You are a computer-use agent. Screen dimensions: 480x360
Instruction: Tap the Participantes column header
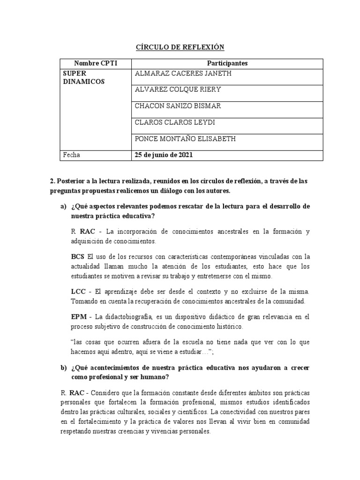[227, 63]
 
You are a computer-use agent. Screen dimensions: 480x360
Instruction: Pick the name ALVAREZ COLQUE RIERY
[178, 90]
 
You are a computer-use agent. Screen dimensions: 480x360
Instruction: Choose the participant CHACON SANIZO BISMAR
[178, 106]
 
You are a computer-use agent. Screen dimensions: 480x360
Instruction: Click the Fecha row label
[72, 155]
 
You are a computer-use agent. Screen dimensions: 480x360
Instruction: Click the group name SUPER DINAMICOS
[84, 78]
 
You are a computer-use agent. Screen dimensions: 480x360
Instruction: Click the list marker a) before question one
[63, 206]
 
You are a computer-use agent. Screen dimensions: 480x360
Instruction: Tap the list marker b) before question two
[63, 368]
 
